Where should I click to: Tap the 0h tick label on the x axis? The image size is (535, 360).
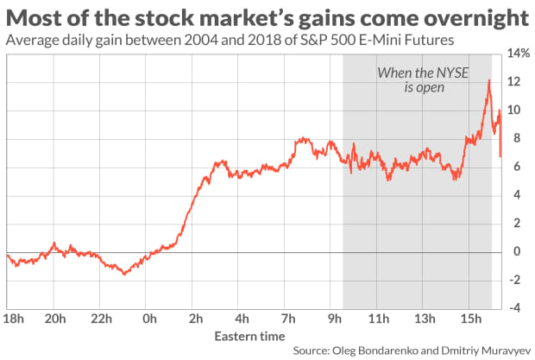[150, 317]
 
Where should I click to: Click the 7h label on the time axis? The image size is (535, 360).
[289, 317]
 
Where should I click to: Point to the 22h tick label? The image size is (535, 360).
[103, 317]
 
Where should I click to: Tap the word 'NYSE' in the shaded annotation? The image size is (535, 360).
[456, 73]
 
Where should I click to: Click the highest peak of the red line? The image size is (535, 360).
[489, 80]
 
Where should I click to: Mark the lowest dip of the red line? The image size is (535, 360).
[125, 274]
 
